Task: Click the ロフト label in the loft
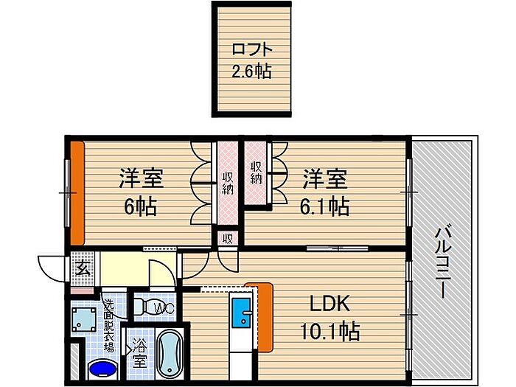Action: tap(252, 49)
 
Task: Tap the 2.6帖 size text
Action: tap(252, 71)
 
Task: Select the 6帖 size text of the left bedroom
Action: tap(141, 206)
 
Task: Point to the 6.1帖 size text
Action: tap(324, 206)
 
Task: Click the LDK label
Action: tap(330, 304)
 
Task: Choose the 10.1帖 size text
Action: tap(330, 331)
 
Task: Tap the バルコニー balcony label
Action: tap(442, 261)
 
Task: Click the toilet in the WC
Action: tap(154, 307)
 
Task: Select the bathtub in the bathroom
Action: tap(170, 354)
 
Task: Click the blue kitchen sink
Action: tap(243, 313)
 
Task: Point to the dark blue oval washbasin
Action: tap(102, 369)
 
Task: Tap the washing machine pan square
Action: tap(84, 319)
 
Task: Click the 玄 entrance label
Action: tap(83, 269)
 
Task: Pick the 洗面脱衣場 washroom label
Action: tap(109, 325)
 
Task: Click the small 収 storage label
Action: tap(227, 238)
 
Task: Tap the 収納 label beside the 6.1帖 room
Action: tap(255, 172)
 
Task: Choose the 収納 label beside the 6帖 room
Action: tap(227, 184)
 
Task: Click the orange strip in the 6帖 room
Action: tap(77, 193)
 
